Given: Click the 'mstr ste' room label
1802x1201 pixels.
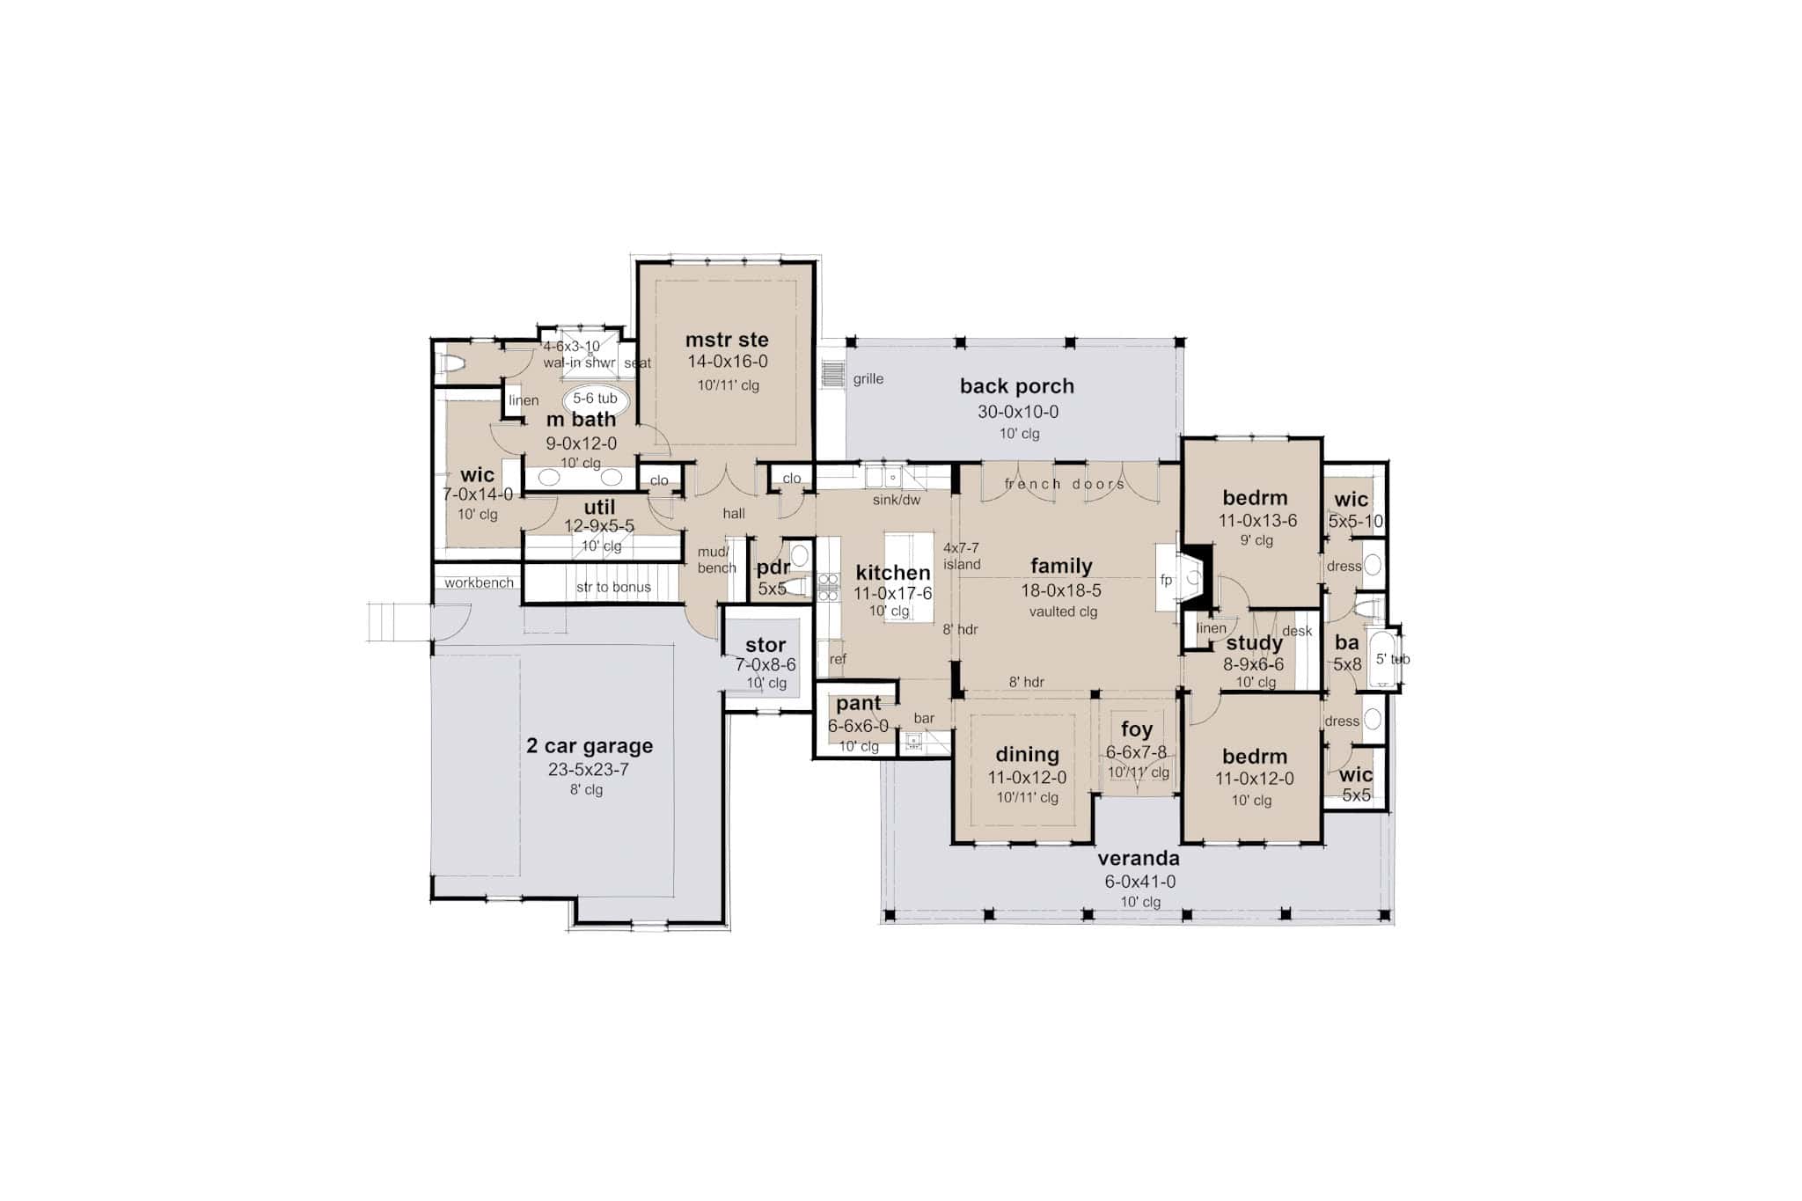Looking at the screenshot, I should [x=727, y=340].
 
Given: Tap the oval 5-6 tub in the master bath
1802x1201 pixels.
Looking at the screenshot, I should [x=595, y=399].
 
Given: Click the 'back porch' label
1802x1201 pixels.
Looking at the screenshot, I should [x=1016, y=385].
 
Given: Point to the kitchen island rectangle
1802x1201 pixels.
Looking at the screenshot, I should [x=908, y=576].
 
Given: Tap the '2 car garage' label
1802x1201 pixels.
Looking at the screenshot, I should [x=590, y=745].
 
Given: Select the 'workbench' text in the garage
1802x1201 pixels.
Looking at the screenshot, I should [x=479, y=582].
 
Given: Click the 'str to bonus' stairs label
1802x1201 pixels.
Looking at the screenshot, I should [x=613, y=587].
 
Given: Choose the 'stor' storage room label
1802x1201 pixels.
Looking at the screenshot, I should [x=765, y=645].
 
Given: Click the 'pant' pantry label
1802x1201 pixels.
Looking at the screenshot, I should [x=858, y=703].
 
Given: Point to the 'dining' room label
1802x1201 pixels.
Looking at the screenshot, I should [x=1027, y=754].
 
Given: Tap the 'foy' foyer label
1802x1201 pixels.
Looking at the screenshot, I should [x=1136, y=729].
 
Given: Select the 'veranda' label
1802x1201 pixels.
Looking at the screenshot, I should [x=1139, y=858].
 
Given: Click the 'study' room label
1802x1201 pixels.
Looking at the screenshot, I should [x=1254, y=643].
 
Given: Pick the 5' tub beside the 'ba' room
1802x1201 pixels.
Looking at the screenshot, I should [x=1384, y=658].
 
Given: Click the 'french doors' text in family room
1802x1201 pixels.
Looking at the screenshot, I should [x=1065, y=484].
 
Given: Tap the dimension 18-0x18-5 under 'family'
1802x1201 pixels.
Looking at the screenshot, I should [x=1061, y=590].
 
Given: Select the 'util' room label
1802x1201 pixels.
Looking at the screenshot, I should [x=599, y=507].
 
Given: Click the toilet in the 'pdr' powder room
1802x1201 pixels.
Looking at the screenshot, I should [x=796, y=586].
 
